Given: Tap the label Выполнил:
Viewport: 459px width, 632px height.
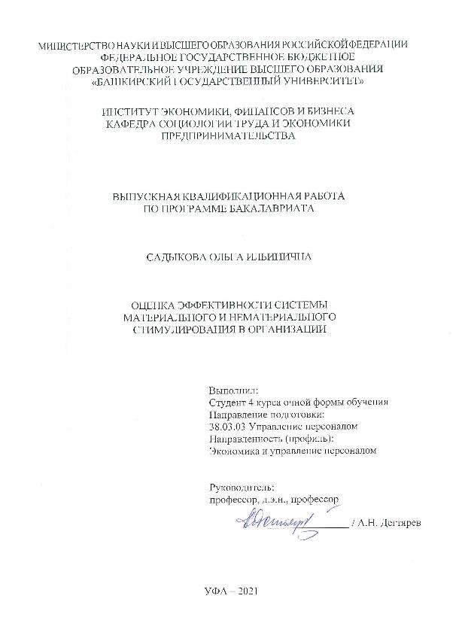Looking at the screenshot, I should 233,390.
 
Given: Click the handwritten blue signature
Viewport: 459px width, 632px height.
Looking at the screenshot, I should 269,520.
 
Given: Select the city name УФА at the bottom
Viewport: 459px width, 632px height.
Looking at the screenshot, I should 214,591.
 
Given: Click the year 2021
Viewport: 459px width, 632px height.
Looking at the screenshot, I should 249,591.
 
